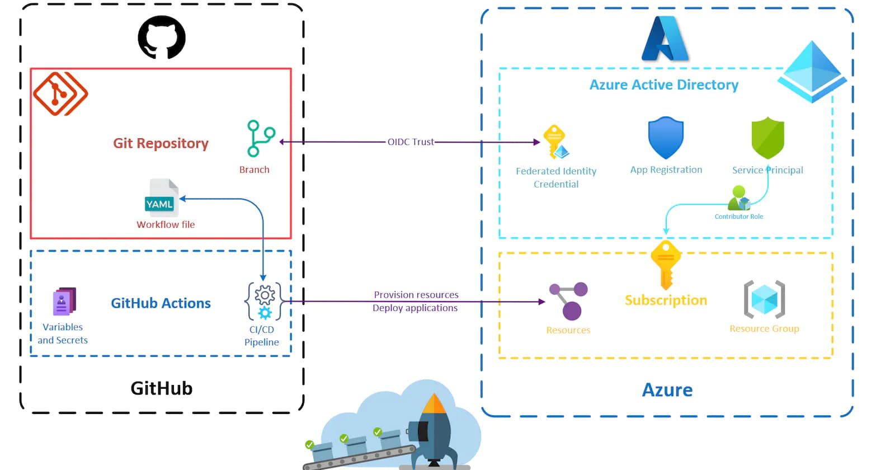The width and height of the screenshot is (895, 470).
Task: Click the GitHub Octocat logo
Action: point(162,37)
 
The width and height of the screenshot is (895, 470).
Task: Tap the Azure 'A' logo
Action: point(665,39)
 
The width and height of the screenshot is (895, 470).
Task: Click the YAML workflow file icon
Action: point(161,198)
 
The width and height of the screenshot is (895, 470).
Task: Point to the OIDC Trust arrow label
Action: point(411,142)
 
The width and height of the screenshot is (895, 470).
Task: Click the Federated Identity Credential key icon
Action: point(555,142)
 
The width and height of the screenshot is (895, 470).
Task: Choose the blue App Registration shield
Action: point(666,138)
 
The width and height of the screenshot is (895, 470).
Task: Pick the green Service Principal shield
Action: point(767,138)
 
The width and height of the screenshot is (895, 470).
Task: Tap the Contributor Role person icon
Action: point(739,198)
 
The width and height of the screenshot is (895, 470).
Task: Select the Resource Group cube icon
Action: point(764,299)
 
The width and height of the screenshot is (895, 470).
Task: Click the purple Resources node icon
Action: point(569,300)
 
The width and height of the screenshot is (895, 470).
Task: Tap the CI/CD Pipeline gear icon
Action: point(264,301)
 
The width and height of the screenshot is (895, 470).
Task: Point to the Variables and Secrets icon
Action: point(64,302)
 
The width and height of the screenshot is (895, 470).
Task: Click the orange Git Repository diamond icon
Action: point(60,93)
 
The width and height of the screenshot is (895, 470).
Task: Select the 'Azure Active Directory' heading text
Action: point(664,85)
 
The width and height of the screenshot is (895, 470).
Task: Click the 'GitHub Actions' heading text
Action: point(161,303)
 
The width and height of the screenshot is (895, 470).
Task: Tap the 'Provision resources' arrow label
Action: point(416,295)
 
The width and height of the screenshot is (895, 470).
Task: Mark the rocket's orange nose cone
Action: point(434,403)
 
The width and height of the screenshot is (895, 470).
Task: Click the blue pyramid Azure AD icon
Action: point(812,71)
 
